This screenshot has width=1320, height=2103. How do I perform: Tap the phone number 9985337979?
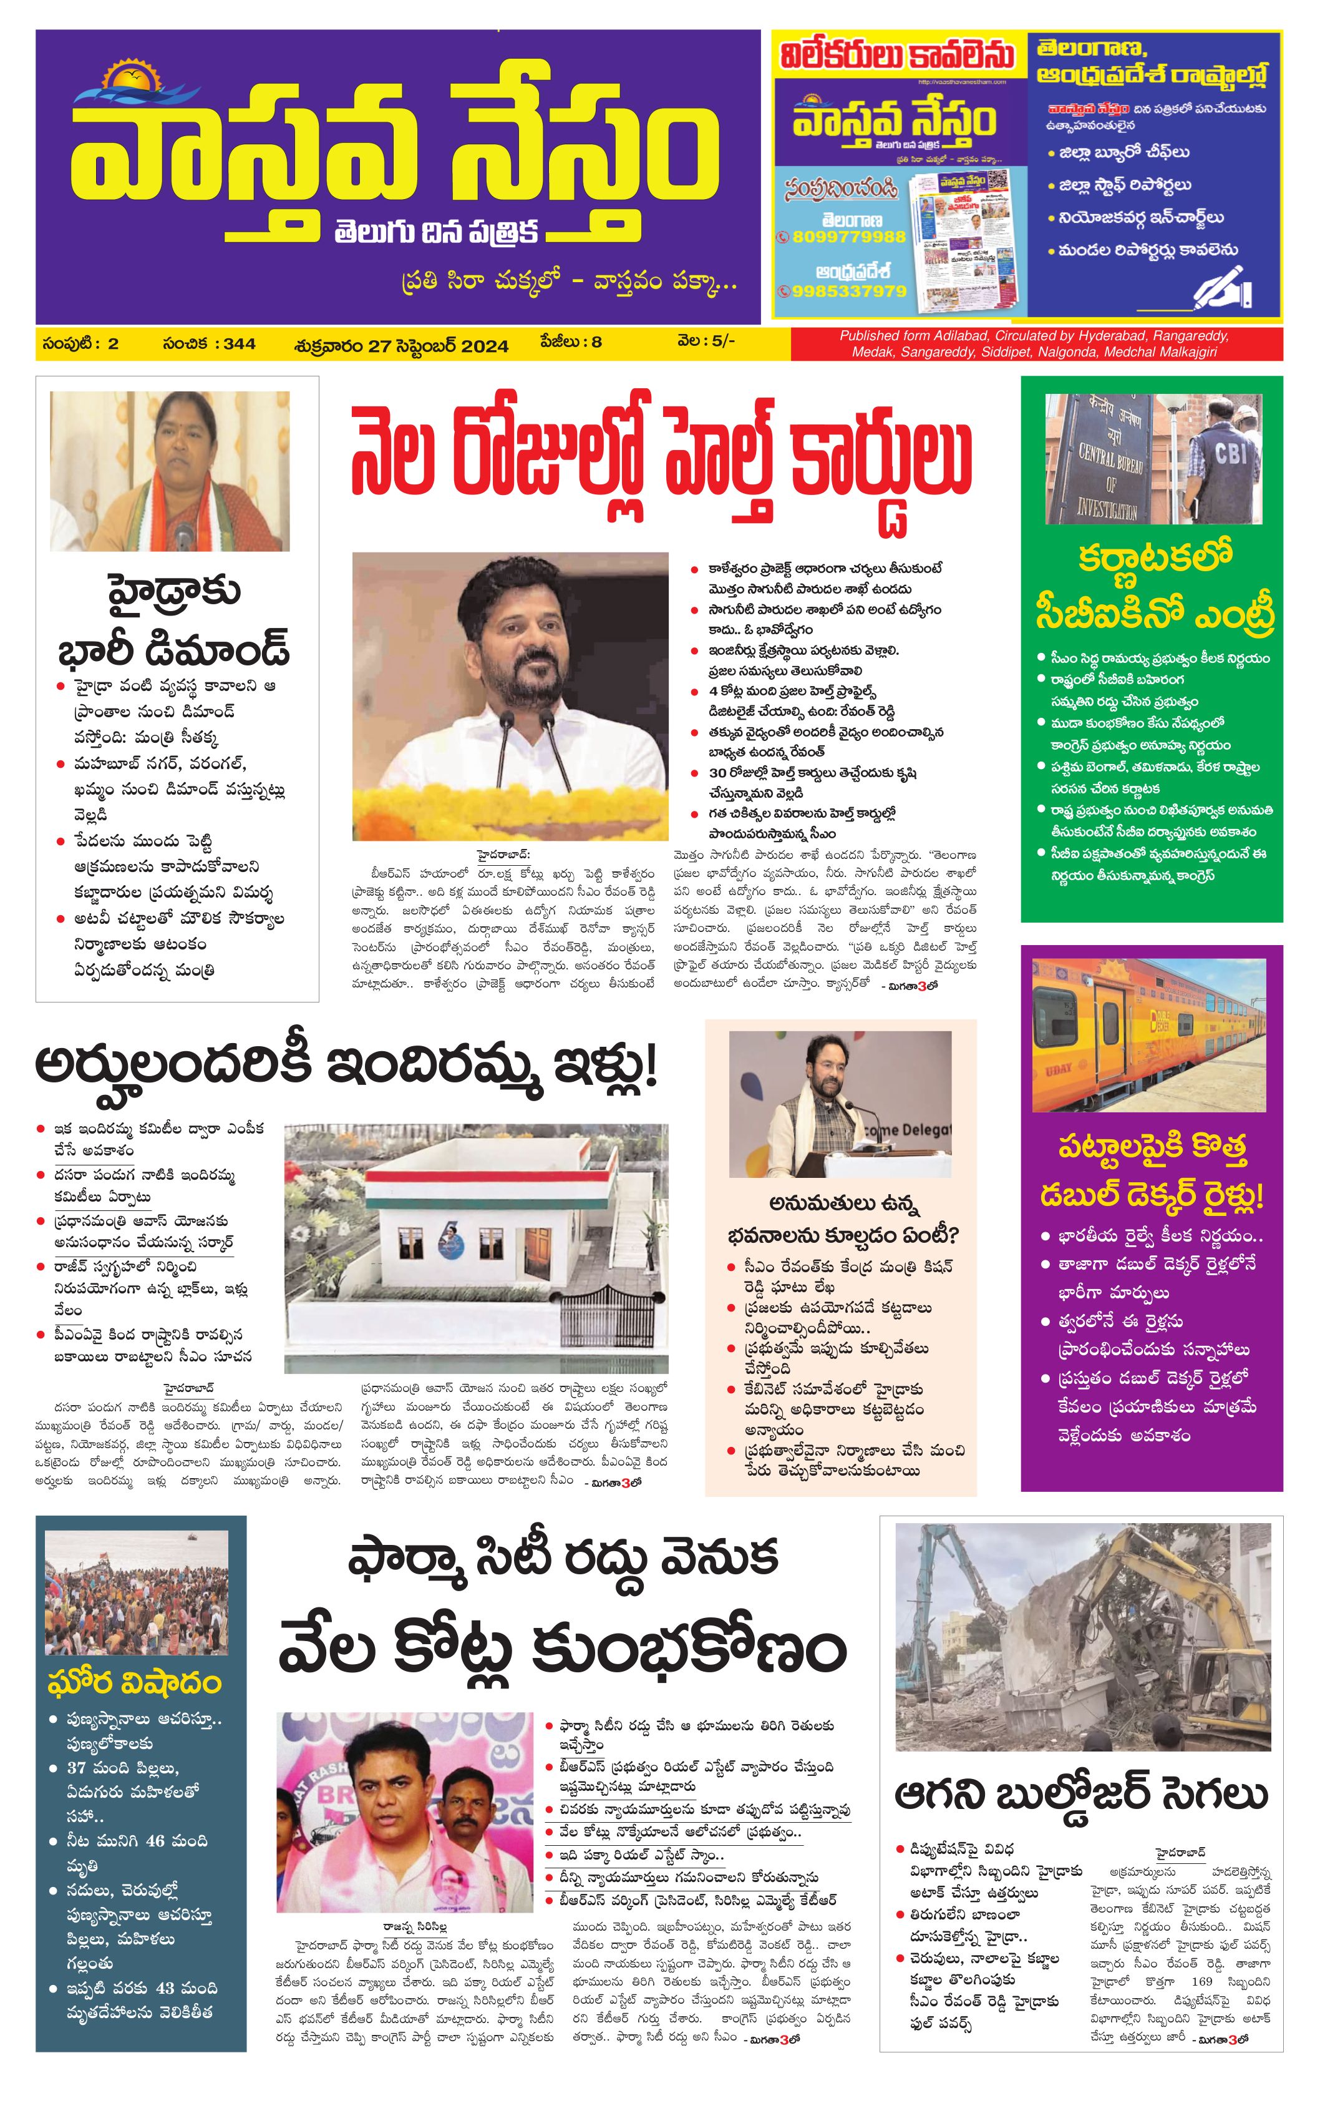click(848, 291)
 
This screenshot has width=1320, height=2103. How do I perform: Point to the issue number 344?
click(239, 343)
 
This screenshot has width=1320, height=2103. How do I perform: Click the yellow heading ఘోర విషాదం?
click(135, 1683)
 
